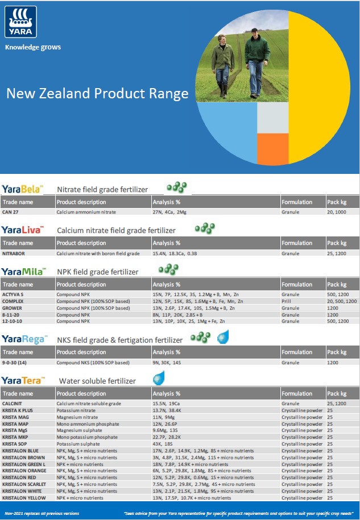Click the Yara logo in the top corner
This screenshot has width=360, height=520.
coord(20,22)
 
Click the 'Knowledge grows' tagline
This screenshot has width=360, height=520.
coord(32,47)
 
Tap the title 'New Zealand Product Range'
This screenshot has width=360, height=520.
coord(97,93)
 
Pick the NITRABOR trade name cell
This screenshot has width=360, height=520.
coord(14,253)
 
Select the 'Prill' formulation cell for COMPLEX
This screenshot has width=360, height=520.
coord(287,301)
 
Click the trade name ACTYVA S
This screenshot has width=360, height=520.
coord(14,294)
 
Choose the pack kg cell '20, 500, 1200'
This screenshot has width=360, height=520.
coord(342,301)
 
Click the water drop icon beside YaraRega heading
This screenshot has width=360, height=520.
coord(223,338)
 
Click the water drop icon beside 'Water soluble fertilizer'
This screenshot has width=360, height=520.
coord(158,378)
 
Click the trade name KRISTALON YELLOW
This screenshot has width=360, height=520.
coord(24,497)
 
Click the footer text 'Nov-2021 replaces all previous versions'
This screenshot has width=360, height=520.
coord(42,513)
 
